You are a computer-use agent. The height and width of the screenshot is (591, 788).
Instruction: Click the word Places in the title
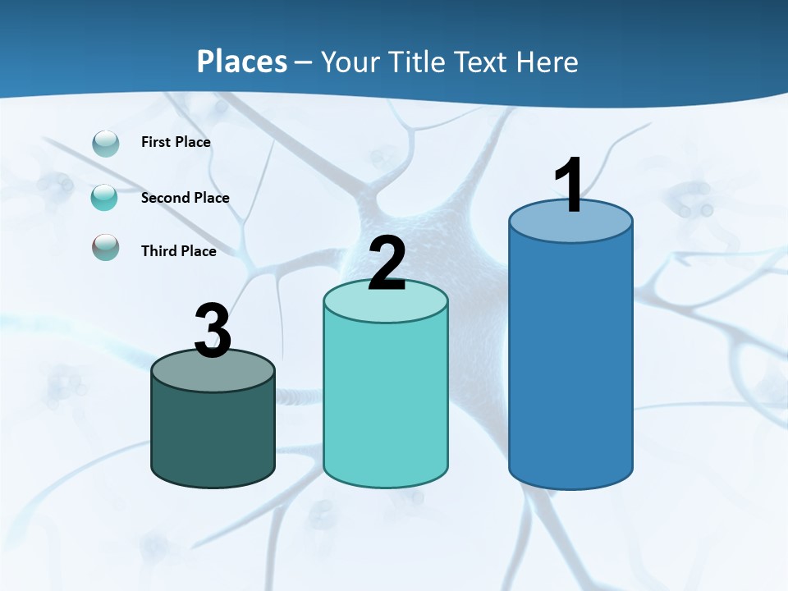[x=242, y=62]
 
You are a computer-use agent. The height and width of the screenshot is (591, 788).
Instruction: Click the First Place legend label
[x=176, y=142]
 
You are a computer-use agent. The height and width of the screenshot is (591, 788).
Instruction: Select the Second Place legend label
[x=185, y=198]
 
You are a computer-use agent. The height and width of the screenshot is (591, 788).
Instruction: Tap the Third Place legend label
[x=178, y=251]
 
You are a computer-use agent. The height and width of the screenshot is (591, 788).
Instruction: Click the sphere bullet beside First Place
[x=106, y=144]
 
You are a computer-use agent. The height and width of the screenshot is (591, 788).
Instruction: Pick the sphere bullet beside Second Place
[x=104, y=198]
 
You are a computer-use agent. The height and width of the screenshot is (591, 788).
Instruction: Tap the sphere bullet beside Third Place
[x=105, y=247]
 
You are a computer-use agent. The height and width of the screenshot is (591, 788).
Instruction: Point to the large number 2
[x=387, y=263]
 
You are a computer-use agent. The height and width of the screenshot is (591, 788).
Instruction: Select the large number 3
[x=213, y=331]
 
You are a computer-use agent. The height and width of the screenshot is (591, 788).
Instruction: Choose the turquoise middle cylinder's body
[x=386, y=402]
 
